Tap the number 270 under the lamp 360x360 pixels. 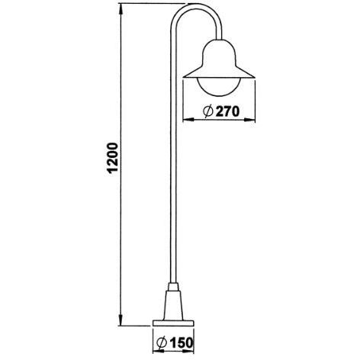point(227,111)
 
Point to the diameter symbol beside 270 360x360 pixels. point(207,111)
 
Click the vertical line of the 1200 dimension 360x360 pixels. point(121,229)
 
